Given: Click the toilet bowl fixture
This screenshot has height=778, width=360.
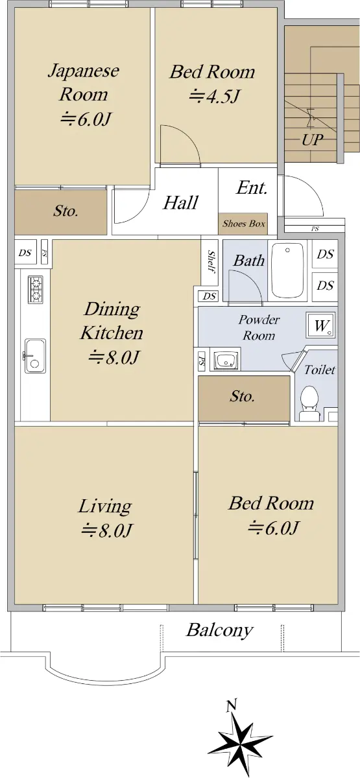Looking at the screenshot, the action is point(309,403).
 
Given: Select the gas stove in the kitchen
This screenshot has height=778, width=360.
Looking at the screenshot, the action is point(35,290).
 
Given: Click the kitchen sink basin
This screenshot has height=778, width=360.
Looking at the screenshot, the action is point(35,356).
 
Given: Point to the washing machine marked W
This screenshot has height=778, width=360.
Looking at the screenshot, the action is point(320,325).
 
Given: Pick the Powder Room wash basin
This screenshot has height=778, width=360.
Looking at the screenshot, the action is point(227,360).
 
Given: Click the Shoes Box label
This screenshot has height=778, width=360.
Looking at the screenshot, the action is point(244,224).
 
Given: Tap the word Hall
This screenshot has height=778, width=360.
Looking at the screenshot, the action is point(181,203).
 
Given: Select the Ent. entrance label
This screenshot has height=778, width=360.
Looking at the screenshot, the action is point(252,188).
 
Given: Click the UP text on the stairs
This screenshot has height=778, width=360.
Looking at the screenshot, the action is point(312,139).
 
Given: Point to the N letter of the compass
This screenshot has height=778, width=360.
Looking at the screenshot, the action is point(232,705).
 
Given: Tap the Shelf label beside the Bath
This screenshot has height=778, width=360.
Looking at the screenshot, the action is point(211,261).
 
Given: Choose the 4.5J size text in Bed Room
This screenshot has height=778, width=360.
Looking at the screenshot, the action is point(215,96).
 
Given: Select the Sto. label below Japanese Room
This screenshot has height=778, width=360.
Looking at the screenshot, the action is point(66,211).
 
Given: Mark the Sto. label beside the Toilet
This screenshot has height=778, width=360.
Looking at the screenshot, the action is point(242,397).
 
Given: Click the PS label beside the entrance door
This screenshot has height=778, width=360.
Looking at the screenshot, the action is point(315,230).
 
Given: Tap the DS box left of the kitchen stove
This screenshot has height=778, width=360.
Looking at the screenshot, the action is point(25,253).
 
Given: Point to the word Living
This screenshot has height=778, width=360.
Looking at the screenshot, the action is point(104,507).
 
